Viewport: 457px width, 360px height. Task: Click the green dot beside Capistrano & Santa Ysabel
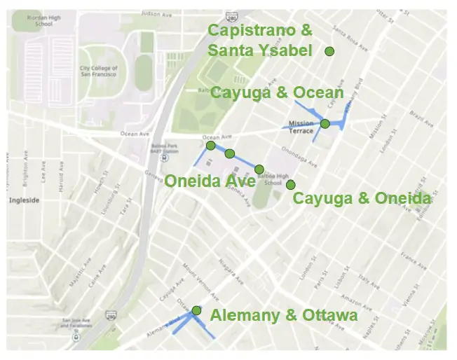[329, 51]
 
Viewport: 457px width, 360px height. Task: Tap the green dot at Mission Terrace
[325, 124]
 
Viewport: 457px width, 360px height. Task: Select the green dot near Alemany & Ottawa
[197, 310]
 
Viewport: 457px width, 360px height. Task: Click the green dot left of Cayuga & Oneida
[290, 185]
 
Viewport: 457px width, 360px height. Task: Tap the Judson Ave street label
[156, 13]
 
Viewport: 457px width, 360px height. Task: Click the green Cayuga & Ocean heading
[278, 93]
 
